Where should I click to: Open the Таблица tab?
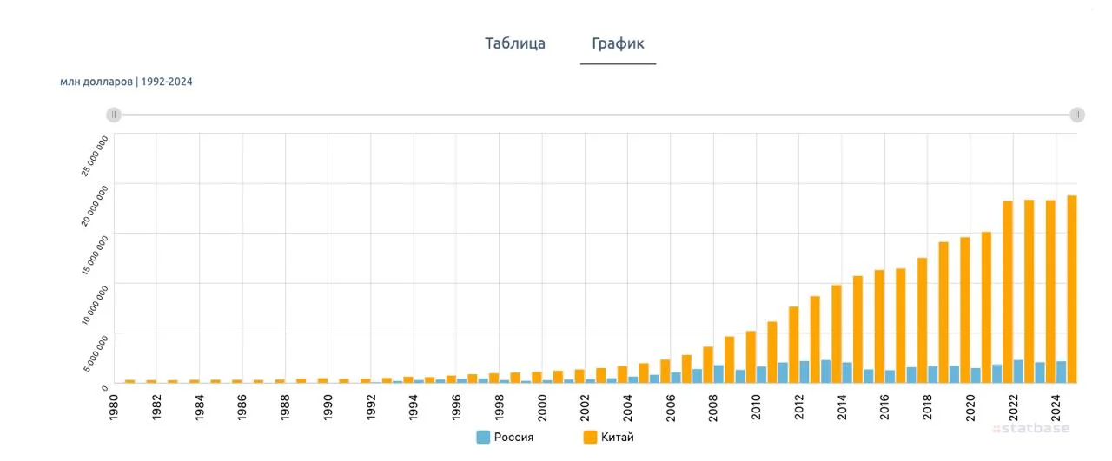tap(515, 43)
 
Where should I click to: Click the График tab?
tap(618, 43)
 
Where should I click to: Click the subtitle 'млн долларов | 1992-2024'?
tap(126, 82)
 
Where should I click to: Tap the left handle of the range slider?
tap(114, 115)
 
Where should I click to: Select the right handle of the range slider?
tap(1077, 115)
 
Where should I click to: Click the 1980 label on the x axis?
tap(114, 405)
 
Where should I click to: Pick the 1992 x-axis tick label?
tap(371, 405)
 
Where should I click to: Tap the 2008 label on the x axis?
tap(714, 405)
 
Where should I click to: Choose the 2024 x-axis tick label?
tap(1056, 405)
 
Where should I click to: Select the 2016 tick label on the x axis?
tap(885, 405)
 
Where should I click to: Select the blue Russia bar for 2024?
tap(1062, 372)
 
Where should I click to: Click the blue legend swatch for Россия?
tap(483, 437)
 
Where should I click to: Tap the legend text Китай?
tap(618, 437)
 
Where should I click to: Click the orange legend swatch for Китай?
tap(590, 437)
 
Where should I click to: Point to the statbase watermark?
tap(1031, 428)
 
